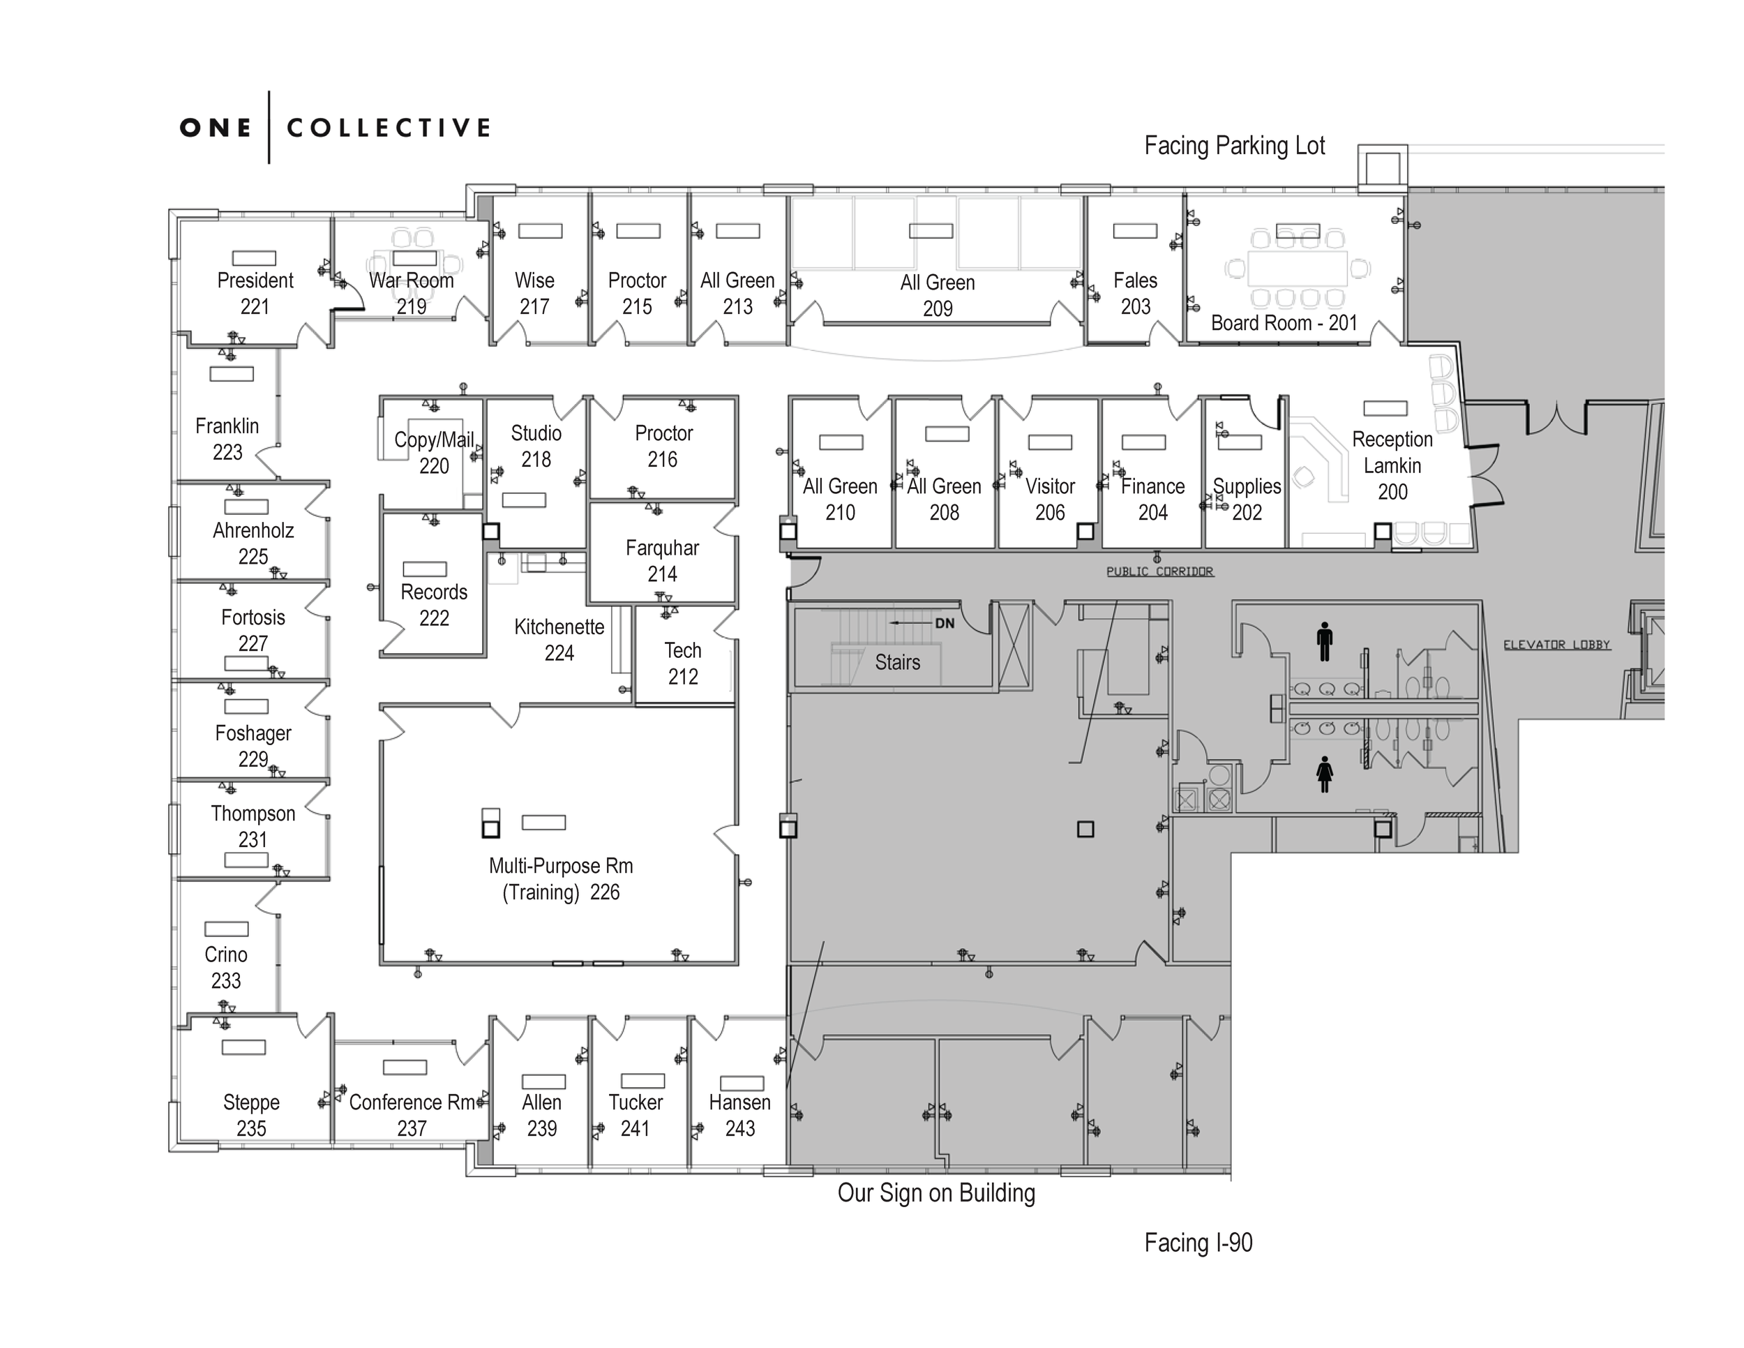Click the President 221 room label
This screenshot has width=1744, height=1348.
click(x=255, y=293)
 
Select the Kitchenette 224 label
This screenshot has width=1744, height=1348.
click(x=559, y=640)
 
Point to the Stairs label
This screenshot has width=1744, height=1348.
click(x=896, y=662)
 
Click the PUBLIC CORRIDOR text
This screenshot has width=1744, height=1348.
click(x=1159, y=571)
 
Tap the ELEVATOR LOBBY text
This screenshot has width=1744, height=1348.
click(x=1556, y=645)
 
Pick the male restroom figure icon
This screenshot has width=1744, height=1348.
click(x=1325, y=641)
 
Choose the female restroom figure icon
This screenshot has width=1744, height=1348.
click(x=1325, y=774)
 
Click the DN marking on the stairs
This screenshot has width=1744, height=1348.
click(x=945, y=623)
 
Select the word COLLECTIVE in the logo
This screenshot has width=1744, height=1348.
click(x=388, y=128)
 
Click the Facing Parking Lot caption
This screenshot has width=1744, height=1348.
click(x=1234, y=145)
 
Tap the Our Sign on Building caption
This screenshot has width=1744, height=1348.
click(x=936, y=1192)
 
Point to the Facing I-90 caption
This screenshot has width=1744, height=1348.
click(x=1198, y=1243)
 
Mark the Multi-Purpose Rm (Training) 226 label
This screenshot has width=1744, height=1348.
click(x=561, y=878)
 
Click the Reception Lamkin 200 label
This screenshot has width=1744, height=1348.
click(x=1392, y=465)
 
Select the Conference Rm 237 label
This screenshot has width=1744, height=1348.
click(x=412, y=1115)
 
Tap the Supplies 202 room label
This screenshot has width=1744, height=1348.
click(x=1247, y=499)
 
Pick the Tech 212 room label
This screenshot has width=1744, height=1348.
click(x=683, y=664)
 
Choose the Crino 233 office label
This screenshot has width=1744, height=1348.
click(x=226, y=967)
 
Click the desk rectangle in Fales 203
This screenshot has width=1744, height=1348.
click(x=1135, y=231)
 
